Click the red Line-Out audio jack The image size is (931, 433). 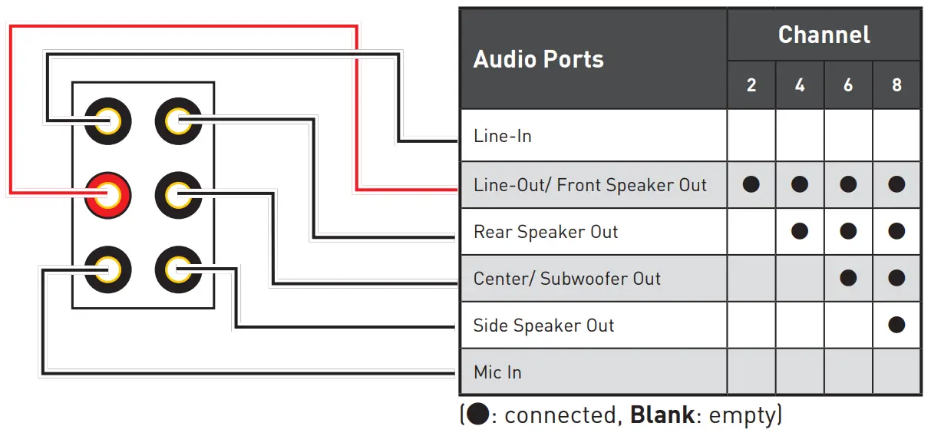[107, 194]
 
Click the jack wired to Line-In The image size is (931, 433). [107, 121]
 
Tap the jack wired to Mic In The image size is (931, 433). [107, 269]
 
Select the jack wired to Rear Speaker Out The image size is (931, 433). [178, 121]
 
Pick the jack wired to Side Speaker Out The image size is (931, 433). [178, 269]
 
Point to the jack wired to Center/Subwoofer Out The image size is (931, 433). [178, 194]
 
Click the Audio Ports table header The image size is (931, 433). [538, 59]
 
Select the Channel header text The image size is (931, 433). [824, 35]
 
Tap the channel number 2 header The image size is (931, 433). [751, 85]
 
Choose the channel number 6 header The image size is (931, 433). [848, 85]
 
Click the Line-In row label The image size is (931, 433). [503, 137]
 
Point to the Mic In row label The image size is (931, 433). [497, 372]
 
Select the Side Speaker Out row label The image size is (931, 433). [543, 326]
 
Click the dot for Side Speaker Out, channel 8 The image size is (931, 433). [896, 325]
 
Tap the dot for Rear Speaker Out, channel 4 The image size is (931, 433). [800, 231]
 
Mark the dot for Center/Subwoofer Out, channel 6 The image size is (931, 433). [848, 278]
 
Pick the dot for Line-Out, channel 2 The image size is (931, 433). [751, 184]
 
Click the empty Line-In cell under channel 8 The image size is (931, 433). [896, 136]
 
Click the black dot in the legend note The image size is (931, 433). [477, 415]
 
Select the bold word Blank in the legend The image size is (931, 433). [662, 415]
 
